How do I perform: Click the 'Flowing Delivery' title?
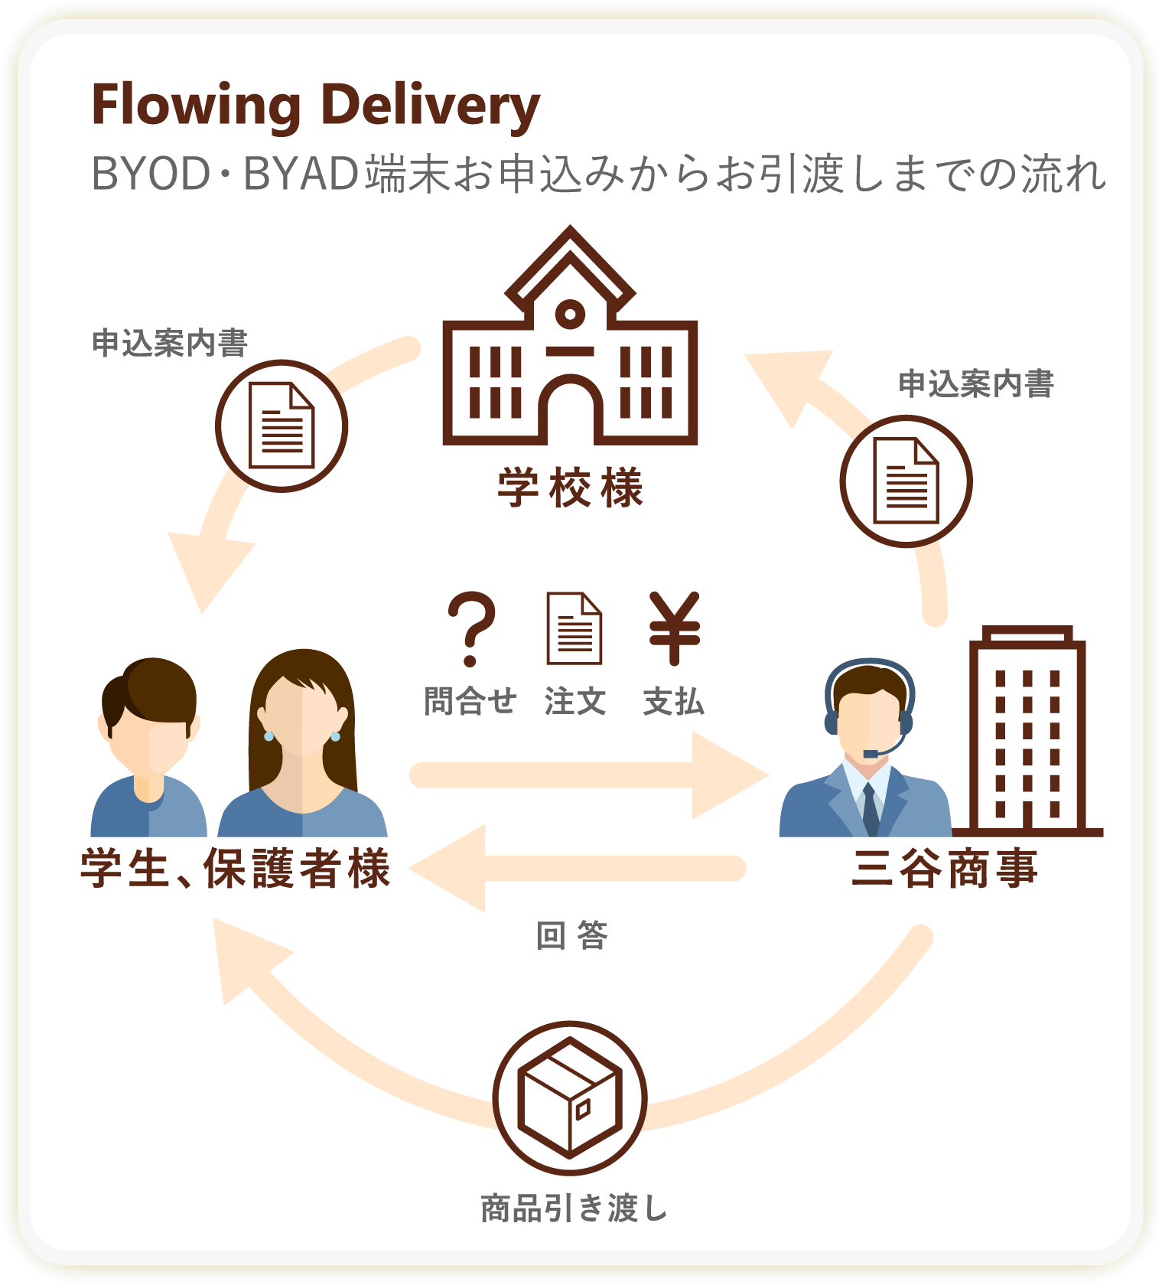315,106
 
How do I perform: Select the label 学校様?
571,488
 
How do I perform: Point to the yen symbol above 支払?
674,628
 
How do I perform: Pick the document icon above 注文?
574,628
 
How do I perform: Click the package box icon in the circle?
570,1097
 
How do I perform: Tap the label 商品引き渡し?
574,1208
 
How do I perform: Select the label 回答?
571,935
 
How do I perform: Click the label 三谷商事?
945,869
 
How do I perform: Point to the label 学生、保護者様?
236,869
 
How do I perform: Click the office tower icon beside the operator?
1027,735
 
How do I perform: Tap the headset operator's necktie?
870,809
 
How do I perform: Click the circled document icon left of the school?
282,426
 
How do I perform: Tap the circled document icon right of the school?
906,481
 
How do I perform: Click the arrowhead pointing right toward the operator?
727,775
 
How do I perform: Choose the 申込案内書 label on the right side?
976,383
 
